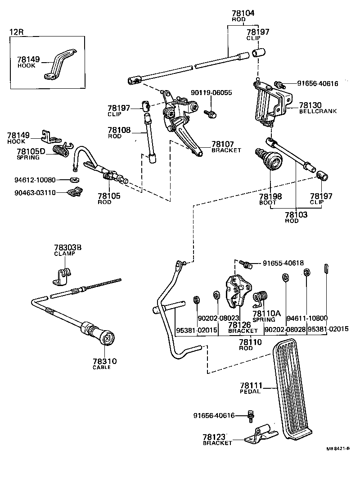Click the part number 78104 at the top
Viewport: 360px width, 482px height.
click(243, 13)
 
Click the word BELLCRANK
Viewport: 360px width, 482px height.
click(318, 111)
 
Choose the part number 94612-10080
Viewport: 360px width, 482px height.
click(34, 180)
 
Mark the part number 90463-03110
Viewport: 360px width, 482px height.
click(34, 192)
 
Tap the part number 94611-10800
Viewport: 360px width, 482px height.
click(307, 318)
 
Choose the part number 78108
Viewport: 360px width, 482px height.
click(119, 130)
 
